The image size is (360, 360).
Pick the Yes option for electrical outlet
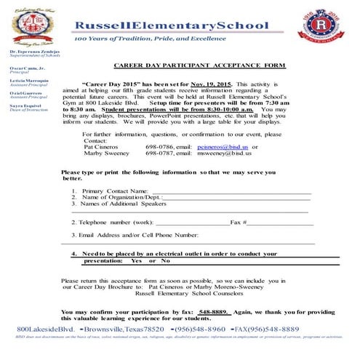(x=136, y=260)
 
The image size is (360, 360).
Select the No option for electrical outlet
(x=165, y=260)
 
